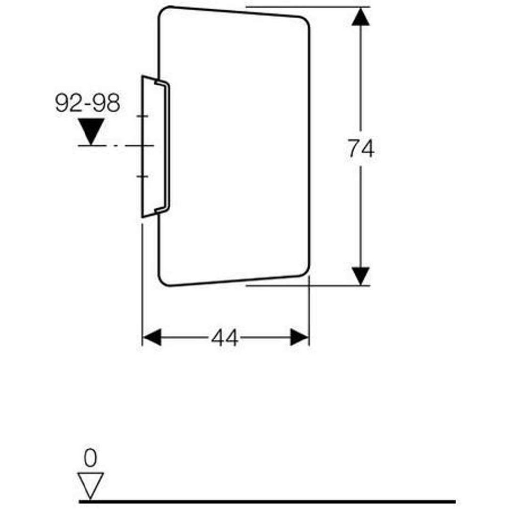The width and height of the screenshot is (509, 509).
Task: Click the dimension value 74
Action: [x=361, y=149]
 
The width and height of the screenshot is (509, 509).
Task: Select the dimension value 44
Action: [x=225, y=338]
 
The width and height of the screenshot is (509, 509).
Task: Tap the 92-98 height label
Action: [x=87, y=103]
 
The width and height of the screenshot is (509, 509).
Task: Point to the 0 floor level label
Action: [x=90, y=458]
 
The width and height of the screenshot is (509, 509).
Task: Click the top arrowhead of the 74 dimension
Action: [x=361, y=17]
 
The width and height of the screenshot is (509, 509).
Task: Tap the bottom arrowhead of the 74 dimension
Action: [x=361, y=276]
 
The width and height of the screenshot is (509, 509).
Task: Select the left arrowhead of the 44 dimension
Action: [x=152, y=338]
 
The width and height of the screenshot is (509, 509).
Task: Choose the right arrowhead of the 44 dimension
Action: [x=299, y=338]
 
